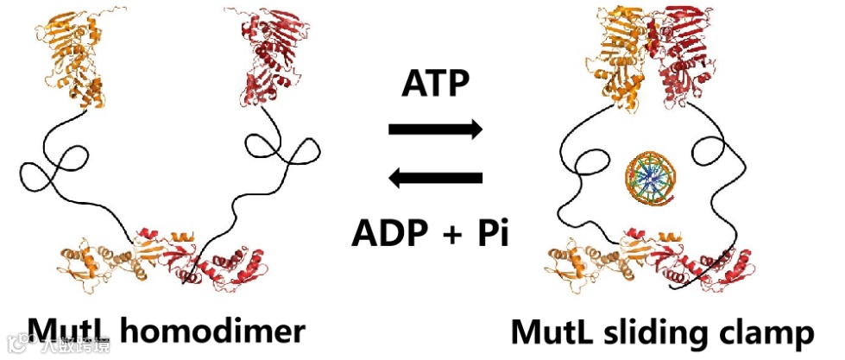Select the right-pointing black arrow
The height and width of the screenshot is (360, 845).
[435, 130]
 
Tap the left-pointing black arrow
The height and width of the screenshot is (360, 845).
[435, 179]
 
